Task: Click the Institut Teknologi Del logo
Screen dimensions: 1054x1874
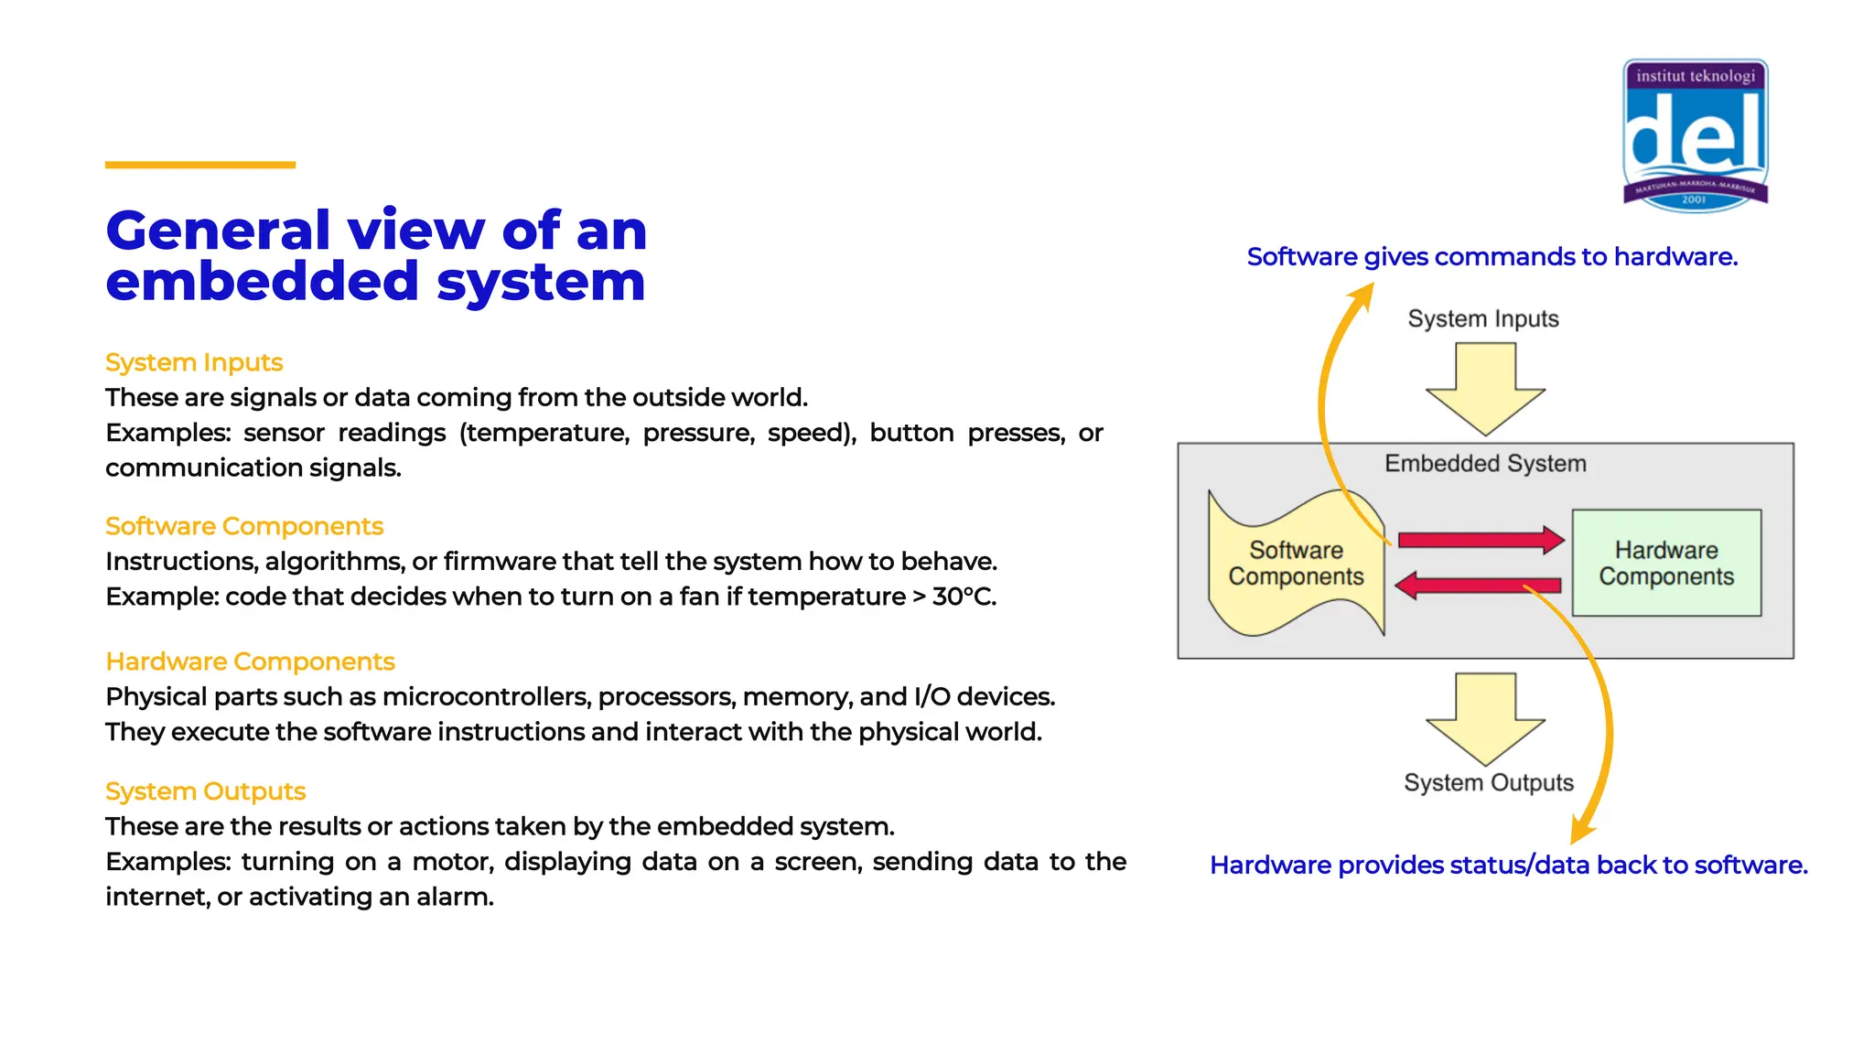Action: (1695, 135)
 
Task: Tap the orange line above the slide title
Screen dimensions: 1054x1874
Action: (200, 165)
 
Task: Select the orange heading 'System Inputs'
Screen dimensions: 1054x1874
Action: (194, 362)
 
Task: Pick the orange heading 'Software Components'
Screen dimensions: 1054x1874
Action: (244, 526)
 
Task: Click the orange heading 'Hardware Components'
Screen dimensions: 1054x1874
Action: (250, 661)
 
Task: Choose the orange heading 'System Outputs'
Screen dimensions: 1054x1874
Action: (205, 791)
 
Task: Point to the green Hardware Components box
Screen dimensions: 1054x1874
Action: (1666, 563)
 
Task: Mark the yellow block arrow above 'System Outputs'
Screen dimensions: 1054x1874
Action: (1485, 718)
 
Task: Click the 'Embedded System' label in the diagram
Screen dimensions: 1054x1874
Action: (1485, 464)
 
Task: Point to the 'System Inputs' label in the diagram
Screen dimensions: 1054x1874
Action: (1483, 318)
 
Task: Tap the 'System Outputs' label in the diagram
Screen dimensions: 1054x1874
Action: (1489, 783)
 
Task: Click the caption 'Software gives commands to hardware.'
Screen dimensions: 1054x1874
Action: (1492, 257)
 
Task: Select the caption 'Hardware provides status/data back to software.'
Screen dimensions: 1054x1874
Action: (1508, 866)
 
